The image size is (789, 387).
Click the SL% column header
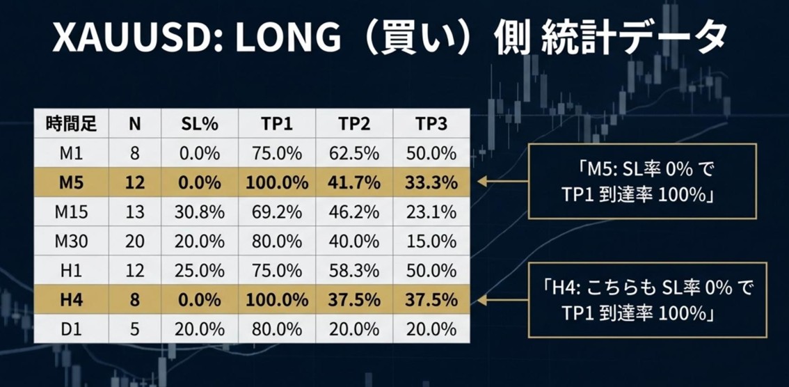coord(200,124)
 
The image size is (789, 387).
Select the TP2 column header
coord(354,124)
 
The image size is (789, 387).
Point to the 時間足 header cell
coord(72,124)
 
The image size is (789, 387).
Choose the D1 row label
coord(72,329)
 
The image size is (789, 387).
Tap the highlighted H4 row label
coord(72,300)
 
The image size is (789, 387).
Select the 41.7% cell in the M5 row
coord(354,182)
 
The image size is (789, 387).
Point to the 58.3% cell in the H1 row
coord(354,271)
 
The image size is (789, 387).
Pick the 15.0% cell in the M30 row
coord(431,242)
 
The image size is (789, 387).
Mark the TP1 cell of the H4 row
coord(277,300)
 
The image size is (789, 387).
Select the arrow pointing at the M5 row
coord(501,182)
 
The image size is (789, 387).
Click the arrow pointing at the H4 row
coord(501,300)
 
